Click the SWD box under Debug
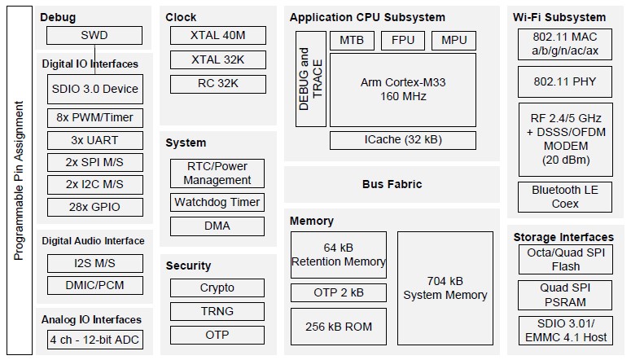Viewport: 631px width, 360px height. click(94, 36)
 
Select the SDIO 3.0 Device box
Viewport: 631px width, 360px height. click(94, 89)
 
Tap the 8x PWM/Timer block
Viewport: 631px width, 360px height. click(94, 117)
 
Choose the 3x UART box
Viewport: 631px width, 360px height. click(94, 140)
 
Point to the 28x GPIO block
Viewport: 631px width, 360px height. click(94, 207)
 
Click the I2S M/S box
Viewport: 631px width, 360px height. click(94, 263)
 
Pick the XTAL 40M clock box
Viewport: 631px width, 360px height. click(217, 36)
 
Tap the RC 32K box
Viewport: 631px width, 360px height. click(217, 84)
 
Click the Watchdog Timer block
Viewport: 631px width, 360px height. click(217, 202)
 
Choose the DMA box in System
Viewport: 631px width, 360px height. click(217, 226)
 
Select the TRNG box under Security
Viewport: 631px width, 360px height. click(217, 311)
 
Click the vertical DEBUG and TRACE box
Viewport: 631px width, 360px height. click(310, 80)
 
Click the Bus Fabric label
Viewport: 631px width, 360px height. click(392, 184)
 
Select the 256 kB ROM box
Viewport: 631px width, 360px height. click(338, 327)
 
